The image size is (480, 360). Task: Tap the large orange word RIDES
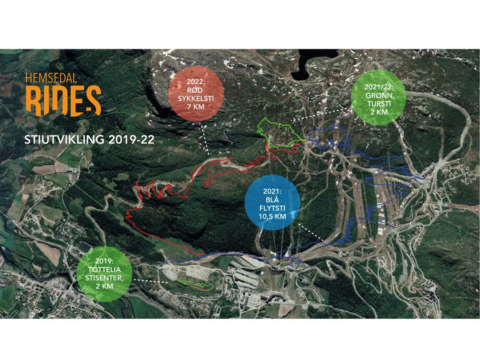point(63,100)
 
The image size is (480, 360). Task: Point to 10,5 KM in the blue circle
point(272,217)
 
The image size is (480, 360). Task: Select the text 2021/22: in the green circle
point(378,88)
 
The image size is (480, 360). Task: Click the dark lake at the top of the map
point(301,71)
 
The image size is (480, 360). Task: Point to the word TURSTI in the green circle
point(378,104)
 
